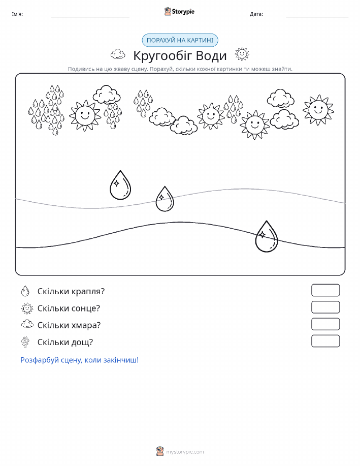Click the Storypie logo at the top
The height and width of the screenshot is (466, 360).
pyautogui.click(x=179, y=12)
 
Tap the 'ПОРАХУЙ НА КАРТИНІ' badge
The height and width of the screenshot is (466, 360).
pyautogui.click(x=180, y=41)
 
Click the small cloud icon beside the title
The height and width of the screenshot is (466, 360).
pyautogui.click(x=118, y=54)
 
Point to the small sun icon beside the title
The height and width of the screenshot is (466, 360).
pyautogui.click(x=242, y=54)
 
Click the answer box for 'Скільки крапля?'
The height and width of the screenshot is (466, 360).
pyautogui.click(x=325, y=290)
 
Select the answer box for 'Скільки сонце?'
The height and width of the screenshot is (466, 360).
pyautogui.click(x=325, y=307)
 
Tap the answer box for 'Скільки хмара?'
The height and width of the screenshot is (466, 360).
pyautogui.click(x=325, y=324)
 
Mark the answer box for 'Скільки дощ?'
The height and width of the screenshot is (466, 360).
pyautogui.click(x=325, y=341)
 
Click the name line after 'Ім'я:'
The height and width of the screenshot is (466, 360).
pyautogui.click(x=90, y=17)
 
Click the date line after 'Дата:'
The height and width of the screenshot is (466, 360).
pyautogui.click(x=317, y=17)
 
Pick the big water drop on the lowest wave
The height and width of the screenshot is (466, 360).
pyautogui.click(x=267, y=237)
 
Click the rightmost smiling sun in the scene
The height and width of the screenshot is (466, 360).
pyautogui.click(x=318, y=110)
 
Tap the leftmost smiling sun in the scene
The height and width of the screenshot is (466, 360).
pyautogui.click(x=85, y=115)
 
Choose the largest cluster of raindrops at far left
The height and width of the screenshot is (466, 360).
pyautogui.click(x=47, y=110)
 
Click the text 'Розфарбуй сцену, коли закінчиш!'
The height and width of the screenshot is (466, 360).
pyautogui.click(x=80, y=360)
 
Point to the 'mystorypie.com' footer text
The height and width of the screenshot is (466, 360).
pyautogui.click(x=185, y=452)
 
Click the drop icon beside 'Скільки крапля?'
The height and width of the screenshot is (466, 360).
pyautogui.click(x=25, y=291)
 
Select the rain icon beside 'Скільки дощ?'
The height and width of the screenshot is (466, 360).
pyautogui.click(x=25, y=342)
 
